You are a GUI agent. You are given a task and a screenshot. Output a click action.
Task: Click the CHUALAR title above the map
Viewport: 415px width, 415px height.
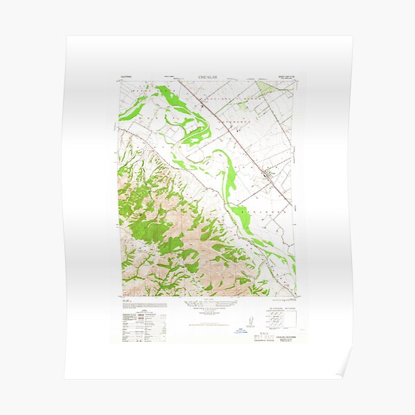click(x=207, y=77)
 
